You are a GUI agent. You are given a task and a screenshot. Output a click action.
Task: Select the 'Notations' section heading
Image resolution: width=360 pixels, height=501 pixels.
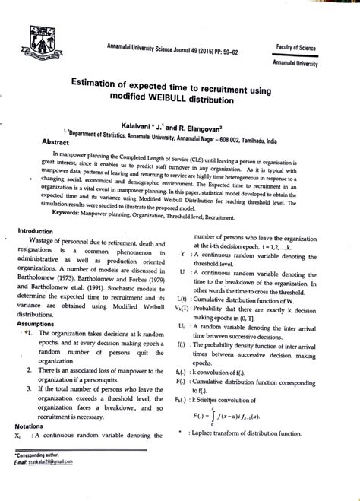click(33, 426)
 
